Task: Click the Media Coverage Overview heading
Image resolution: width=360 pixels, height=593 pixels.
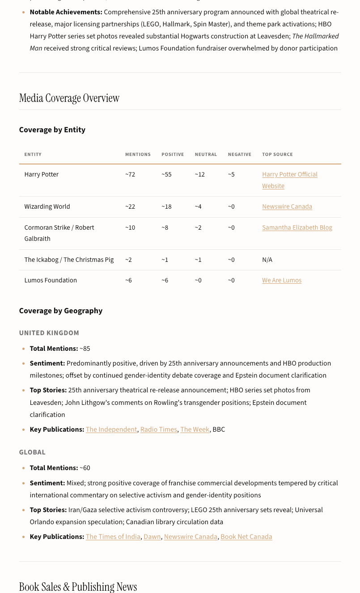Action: pos(69,98)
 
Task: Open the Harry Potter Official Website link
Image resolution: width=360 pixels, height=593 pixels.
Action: pos(289,175)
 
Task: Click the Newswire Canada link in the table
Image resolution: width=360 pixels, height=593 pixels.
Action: pos(287,206)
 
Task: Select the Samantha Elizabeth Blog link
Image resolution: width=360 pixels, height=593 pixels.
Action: pos(297,227)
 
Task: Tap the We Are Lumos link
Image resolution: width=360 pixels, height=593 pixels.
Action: pos(281,280)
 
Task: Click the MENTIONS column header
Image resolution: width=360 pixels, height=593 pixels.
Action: pos(138,154)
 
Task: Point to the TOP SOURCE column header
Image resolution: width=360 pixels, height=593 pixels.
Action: pos(277,154)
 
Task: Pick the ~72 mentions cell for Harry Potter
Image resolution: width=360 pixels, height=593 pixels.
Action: pos(130,174)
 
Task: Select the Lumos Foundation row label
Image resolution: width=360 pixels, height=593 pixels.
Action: pos(51,280)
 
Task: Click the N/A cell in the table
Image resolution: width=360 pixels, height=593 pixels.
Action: pos(267,260)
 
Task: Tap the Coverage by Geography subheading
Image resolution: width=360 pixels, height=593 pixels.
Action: pos(61,311)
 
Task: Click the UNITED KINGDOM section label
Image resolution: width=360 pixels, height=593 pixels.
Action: pos(49,333)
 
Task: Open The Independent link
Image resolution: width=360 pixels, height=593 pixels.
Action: pos(111,429)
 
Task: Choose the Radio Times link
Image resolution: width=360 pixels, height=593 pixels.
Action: pos(159,429)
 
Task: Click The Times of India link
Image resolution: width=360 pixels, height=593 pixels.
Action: pos(113,537)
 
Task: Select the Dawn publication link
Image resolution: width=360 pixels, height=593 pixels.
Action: pos(152,537)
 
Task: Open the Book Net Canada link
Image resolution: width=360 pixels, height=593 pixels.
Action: pos(246,537)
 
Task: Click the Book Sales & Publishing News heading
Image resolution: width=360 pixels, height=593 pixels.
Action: pos(78,586)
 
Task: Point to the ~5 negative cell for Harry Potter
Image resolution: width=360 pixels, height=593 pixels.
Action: pos(231,174)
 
